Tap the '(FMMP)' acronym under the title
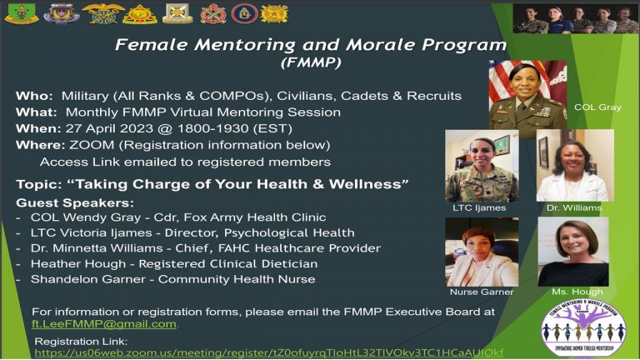pyautogui.click(x=310, y=62)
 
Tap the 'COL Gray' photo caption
pyautogui.click(x=597, y=107)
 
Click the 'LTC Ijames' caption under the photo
pyautogui.click(x=473, y=207)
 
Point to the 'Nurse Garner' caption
pyautogui.click(x=482, y=292)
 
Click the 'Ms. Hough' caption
pyautogui.click(x=571, y=292)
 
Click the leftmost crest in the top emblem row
pyautogui.click(x=21, y=13)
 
